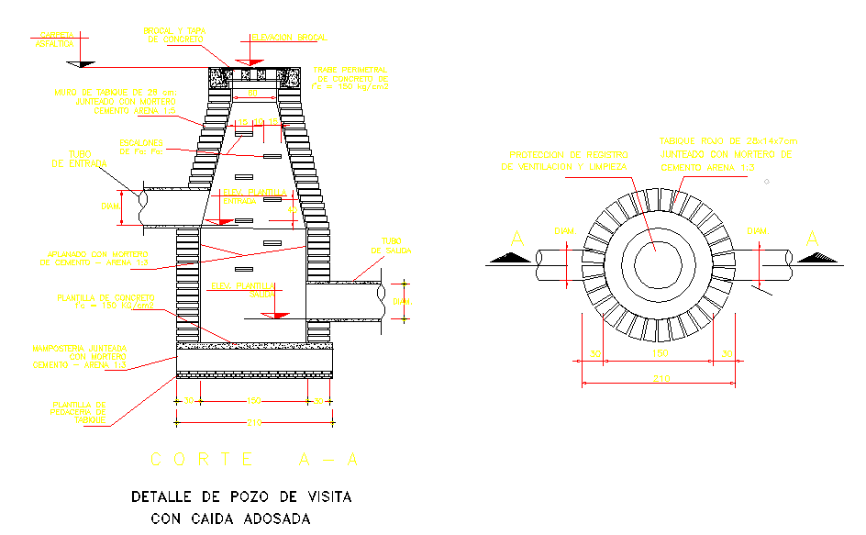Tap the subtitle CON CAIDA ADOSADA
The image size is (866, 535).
[230, 518]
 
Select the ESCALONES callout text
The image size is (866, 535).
[141, 146]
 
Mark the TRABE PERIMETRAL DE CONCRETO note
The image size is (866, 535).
[350, 79]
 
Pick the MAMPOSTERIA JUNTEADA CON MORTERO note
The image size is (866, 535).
[79, 357]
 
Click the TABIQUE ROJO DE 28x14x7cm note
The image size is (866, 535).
[729, 155]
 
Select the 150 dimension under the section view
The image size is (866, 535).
[254, 401]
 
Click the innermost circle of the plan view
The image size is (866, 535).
[659, 262]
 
